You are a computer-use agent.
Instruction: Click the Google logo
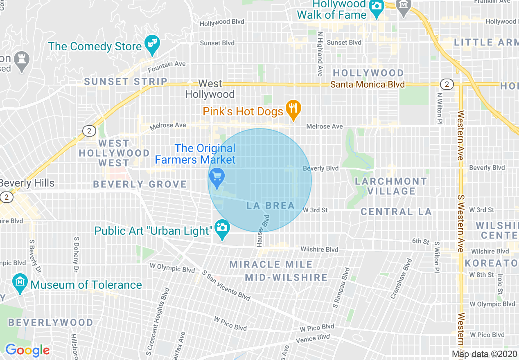coord(27,350)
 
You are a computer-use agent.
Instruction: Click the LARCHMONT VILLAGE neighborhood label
coord(391,186)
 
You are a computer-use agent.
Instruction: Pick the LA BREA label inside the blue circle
coord(271,205)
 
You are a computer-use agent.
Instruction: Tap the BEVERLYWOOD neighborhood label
coord(51,322)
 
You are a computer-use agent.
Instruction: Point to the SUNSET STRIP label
coord(126,81)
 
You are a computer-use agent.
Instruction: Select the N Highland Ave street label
coord(320,54)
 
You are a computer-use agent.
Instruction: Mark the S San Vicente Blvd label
coord(226,285)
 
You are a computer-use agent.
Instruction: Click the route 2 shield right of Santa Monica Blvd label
coord(447,84)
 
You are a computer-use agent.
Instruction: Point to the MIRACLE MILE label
coord(271,264)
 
